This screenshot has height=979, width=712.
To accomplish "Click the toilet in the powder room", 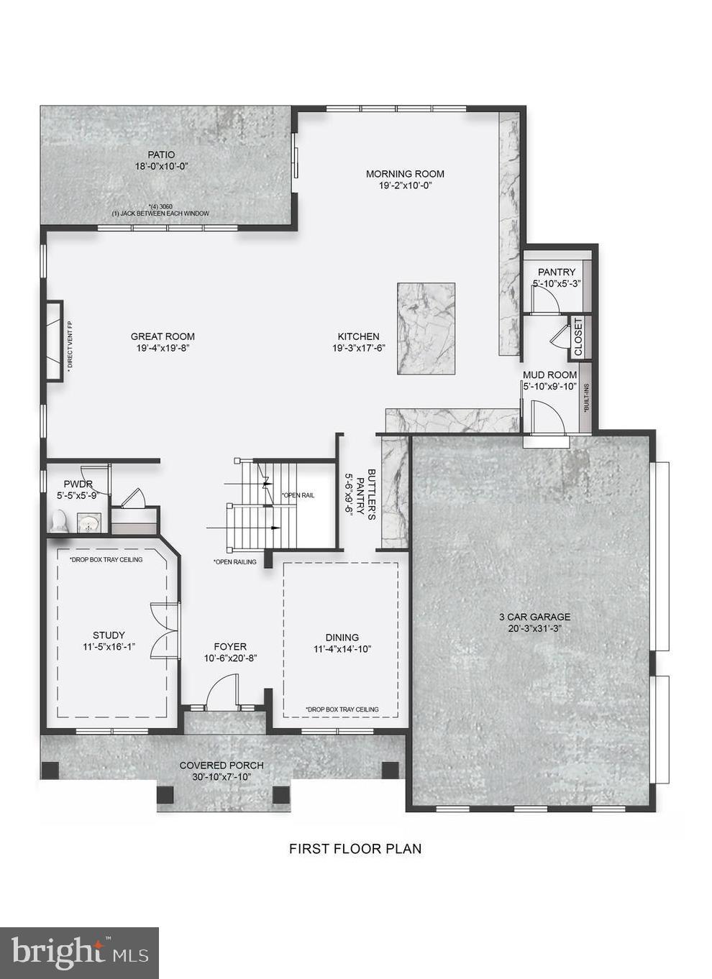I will (60, 521).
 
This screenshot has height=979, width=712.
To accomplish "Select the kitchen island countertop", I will (426, 328).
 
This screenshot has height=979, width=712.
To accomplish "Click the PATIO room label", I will (161, 155).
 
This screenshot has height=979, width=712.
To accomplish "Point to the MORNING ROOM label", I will (405, 173).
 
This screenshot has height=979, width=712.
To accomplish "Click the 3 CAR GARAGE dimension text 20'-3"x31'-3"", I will (534, 629).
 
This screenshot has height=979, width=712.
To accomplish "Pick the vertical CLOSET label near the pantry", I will (578, 336).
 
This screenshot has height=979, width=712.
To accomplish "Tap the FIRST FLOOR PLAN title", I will (355, 848).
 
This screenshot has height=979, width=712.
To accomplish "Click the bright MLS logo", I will (80, 953).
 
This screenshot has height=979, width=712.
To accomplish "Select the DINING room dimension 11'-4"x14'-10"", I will (342, 649).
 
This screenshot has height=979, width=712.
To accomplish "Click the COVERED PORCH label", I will (222, 766).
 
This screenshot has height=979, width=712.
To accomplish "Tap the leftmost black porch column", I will (50, 770).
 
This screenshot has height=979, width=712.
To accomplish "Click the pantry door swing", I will (546, 298).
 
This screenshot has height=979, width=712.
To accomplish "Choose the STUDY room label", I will (109, 635).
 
